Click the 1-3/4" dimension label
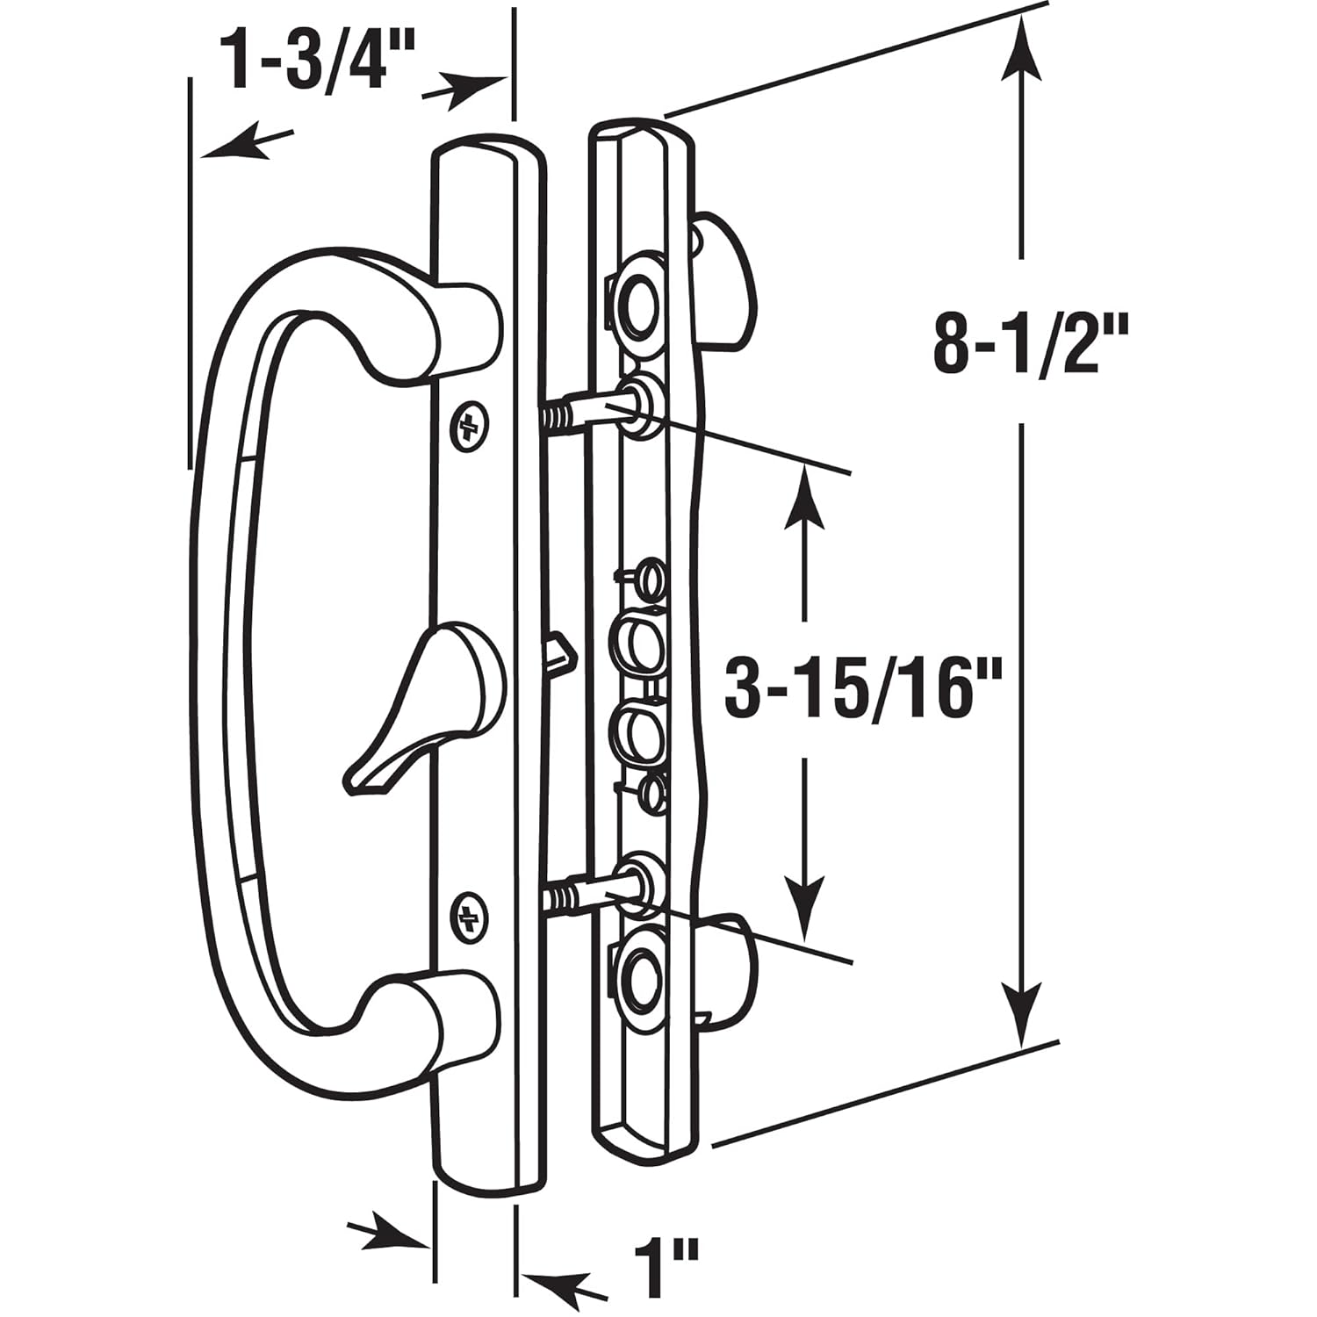(x=308, y=60)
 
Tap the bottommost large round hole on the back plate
(x=639, y=976)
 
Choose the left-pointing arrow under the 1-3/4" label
(x=241, y=145)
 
